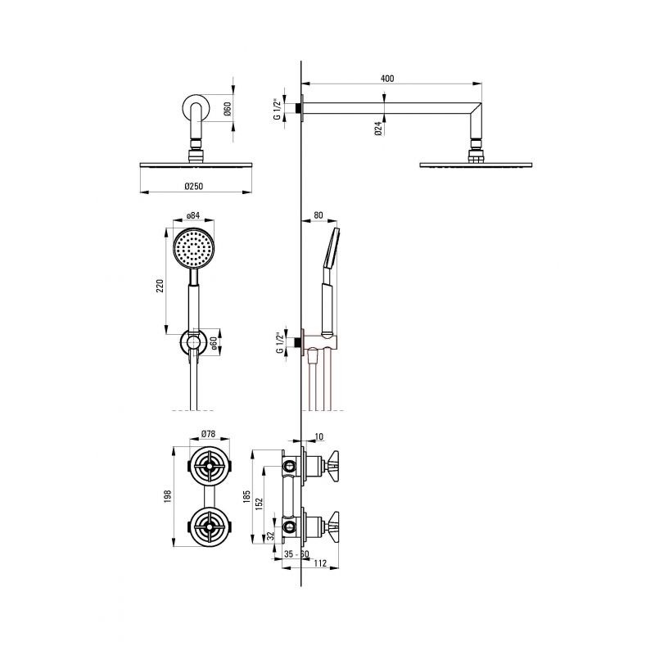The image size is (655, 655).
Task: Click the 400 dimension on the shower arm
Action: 387,79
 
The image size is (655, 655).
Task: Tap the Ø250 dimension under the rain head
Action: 193,187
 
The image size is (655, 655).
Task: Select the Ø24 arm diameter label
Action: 378,129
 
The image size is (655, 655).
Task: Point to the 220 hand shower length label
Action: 160,285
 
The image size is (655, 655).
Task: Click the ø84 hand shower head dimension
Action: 193,215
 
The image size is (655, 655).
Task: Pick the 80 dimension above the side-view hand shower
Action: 318,215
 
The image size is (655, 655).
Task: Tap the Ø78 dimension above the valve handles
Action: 208,434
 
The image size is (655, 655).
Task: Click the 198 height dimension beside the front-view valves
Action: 168,496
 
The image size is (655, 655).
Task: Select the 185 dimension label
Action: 246,497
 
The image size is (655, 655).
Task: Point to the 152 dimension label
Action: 259,504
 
